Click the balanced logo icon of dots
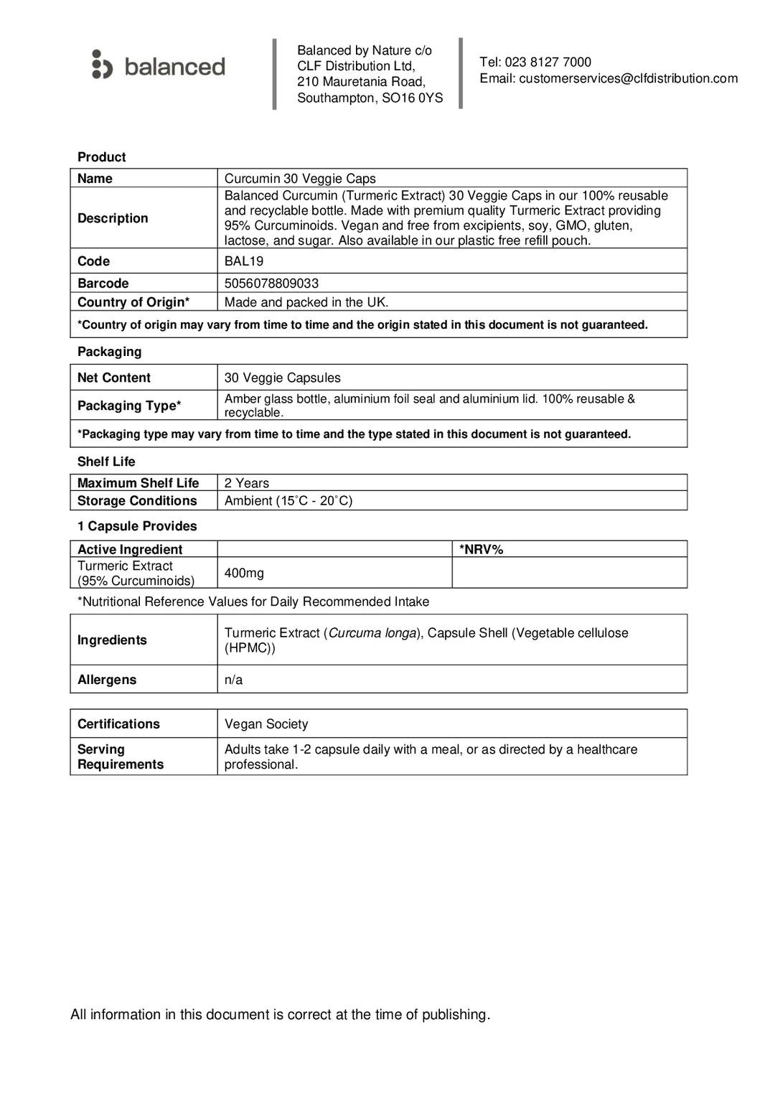102,65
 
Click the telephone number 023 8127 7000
548,62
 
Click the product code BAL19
244,261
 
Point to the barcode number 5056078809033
271,284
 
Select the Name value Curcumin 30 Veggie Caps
300,179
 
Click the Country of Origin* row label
133,302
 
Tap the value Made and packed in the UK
306,302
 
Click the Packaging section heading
109,352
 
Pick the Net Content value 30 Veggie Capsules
282,378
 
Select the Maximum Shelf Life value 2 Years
246,483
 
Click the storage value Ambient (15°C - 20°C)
288,501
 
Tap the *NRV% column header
481,550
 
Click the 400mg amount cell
244,573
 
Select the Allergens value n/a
233,680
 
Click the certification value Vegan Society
266,724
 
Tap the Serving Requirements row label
120,757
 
